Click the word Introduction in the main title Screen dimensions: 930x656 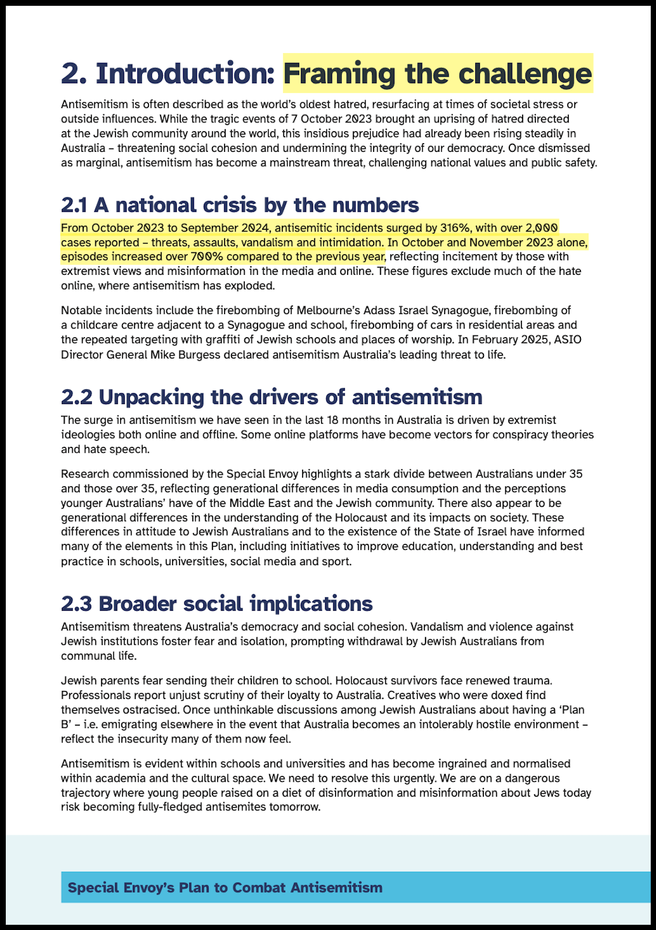(185, 74)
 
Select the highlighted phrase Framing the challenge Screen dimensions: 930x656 (438, 74)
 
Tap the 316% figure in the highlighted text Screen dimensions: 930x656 (455, 228)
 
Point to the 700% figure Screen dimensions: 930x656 (208, 257)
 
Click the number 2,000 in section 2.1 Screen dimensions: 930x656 (542, 228)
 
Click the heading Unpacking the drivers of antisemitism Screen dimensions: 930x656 (271, 397)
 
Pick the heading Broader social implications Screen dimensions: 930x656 (217, 604)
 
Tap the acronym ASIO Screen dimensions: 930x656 (568, 339)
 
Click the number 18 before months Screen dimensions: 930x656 (333, 420)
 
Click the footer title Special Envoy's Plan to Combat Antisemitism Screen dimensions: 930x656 (225, 887)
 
